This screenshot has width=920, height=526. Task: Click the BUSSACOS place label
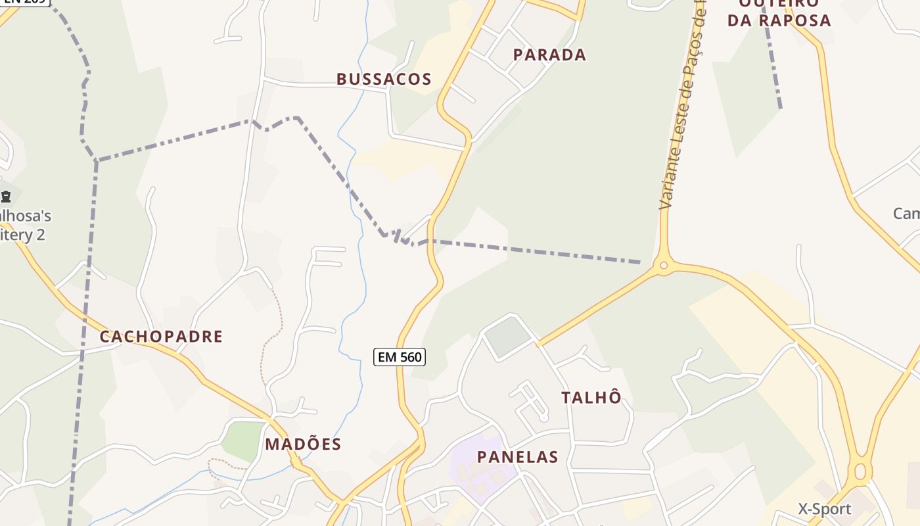tap(384, 80)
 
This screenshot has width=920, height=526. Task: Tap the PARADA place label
tap(549, 55)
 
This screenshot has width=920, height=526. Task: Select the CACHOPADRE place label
tap(161, 337)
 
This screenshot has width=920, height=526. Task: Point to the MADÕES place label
tap(303, 444)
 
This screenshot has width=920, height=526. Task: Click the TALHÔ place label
tap(591, 397)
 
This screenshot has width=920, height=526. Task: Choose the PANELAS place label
tap(517, 457)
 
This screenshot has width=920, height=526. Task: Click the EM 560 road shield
tap(400, 357)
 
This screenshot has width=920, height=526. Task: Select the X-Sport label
tap(824, 509)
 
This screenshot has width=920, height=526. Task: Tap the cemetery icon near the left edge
tap(6, 196)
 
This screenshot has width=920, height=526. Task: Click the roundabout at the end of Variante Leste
tap(663, 266)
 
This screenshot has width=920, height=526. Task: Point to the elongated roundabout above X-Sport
tap(860, 471)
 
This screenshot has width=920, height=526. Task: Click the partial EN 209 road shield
tap(25, 2)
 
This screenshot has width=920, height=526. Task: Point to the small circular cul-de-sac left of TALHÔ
tap(543, 416)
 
